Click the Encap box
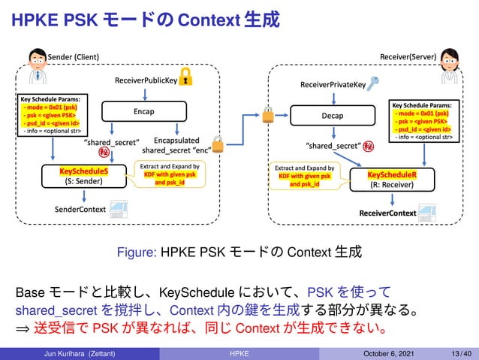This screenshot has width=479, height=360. point(143,111)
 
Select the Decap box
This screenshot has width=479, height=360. point(333,116)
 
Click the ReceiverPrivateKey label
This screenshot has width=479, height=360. point(333,85)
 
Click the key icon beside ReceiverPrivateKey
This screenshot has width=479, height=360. point(375,83)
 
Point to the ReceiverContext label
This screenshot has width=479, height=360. point(387,213)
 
